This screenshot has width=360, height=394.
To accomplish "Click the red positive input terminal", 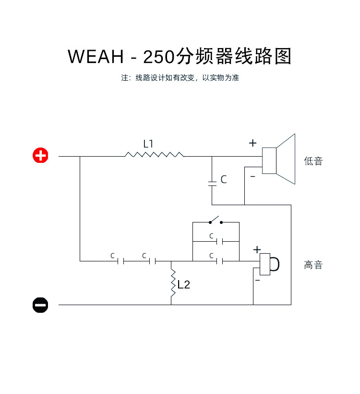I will pos(40,156).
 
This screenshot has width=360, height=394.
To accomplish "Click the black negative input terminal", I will pos(40,305).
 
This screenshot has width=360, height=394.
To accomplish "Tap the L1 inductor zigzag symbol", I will pos(154,155).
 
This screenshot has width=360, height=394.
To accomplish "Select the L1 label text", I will pos(148,143).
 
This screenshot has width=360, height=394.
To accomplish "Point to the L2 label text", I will pos(184,284).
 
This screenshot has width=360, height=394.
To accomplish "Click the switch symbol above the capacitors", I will pos(216,222).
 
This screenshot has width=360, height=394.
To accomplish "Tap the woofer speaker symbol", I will pos(279,160).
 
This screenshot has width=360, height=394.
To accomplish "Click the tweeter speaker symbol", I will pos(269,264).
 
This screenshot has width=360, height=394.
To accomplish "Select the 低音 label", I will pos(313,161).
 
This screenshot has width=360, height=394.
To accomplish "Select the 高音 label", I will pos(313,265).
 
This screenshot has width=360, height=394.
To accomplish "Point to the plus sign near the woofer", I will pos(253,143).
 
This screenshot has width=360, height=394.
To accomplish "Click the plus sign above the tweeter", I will pos(257,249).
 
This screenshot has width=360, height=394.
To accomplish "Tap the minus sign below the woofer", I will pos(253,177).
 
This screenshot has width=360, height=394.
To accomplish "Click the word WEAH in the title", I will pos(96,57).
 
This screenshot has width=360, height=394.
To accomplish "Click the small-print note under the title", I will pos(180,78).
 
